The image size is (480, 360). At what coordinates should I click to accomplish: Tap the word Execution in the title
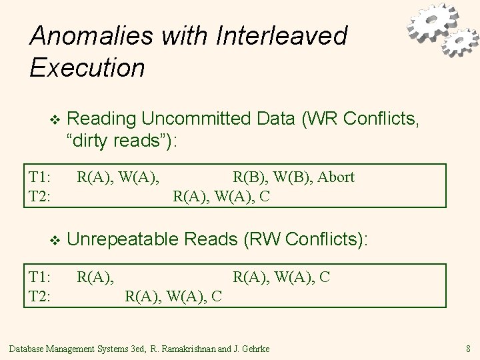(87, 67)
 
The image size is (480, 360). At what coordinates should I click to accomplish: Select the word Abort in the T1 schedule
(337, 177)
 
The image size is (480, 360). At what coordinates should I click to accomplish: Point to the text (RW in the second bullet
(263, 239)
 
